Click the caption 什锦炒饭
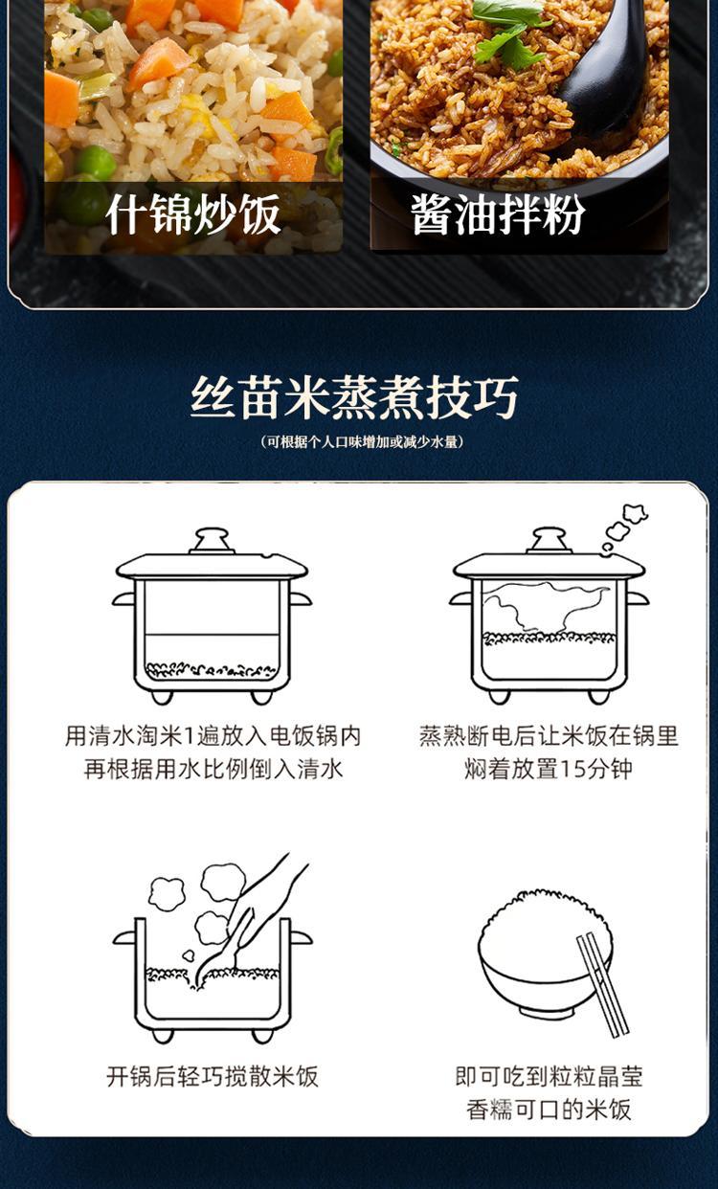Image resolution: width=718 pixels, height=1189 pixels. click(x=193, y=213)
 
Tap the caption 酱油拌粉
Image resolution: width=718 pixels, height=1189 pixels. click(x=498, y=213)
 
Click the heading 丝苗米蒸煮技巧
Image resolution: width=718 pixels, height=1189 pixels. click(x=354, y=397)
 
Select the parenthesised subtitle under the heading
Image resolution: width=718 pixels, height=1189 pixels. click(x=363, y=441)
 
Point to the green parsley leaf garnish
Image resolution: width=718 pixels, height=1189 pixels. click(x=509, y=32)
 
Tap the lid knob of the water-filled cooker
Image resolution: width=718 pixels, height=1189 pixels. click(x=212, y=541)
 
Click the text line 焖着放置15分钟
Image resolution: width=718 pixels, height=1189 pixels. click(x=549, y=769)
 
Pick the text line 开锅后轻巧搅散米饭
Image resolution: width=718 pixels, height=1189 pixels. click(x=213, y=1076)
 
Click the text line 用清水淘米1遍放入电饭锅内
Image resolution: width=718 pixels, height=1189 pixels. click(x=213, y=736)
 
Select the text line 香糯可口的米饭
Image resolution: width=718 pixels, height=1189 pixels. click(x=549, y=1110)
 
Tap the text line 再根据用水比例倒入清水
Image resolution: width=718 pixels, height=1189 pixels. click(x=213, y=769)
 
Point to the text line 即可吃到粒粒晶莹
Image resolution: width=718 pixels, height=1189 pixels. click(x=549, y=1076)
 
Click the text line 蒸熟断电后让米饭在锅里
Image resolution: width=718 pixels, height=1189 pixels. click(x=549, y=736)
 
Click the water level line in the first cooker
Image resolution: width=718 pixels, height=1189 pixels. click(x=212, y=635)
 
